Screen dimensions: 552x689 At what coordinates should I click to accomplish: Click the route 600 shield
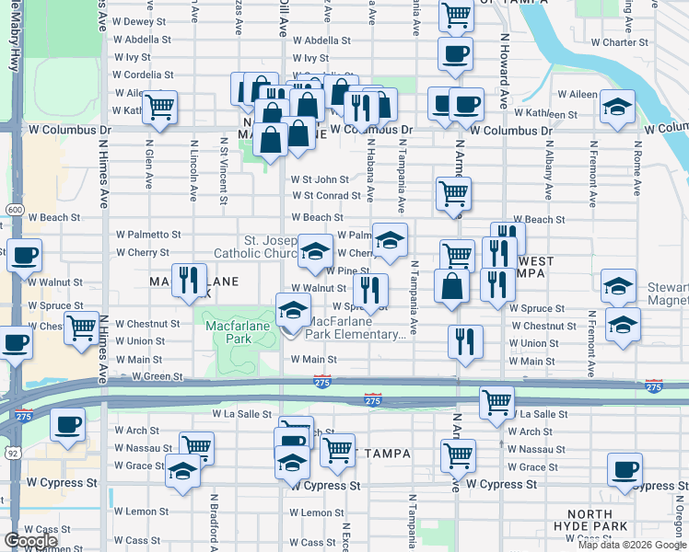[x=14, y=210]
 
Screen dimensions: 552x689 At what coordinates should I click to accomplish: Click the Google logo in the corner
[x=30, y=541]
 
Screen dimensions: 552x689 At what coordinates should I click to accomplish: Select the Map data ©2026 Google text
[x=631, y=545]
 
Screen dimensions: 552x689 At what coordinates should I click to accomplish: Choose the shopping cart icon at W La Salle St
[x=496, y=402]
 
